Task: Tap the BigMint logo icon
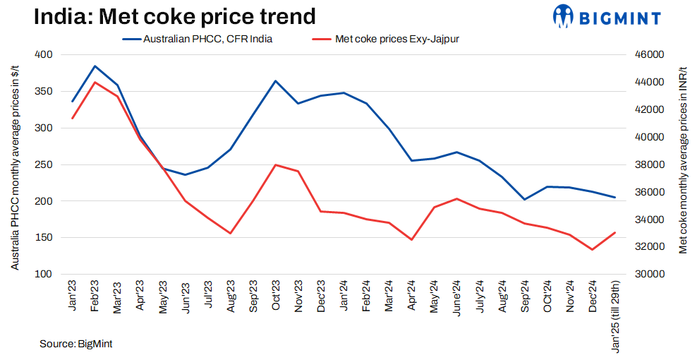(x=565, y=17)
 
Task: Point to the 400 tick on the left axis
(x=44, y=55)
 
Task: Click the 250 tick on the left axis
(x=44, y=164)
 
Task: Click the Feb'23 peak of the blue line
(x=95, y=66)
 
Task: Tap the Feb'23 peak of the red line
(x=95, y=83)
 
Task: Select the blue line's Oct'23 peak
(x=275, y=81)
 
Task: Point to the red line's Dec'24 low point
(x=592, y=249)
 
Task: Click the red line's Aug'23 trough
(x=231, y=233)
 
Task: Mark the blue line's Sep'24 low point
(x=524, y=199)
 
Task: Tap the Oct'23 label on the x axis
(x=276, y=296)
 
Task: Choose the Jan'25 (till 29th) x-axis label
(x=614, y=311)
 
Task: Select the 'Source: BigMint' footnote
(x=76, y=344)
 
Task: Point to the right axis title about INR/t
(x=684, y=164)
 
